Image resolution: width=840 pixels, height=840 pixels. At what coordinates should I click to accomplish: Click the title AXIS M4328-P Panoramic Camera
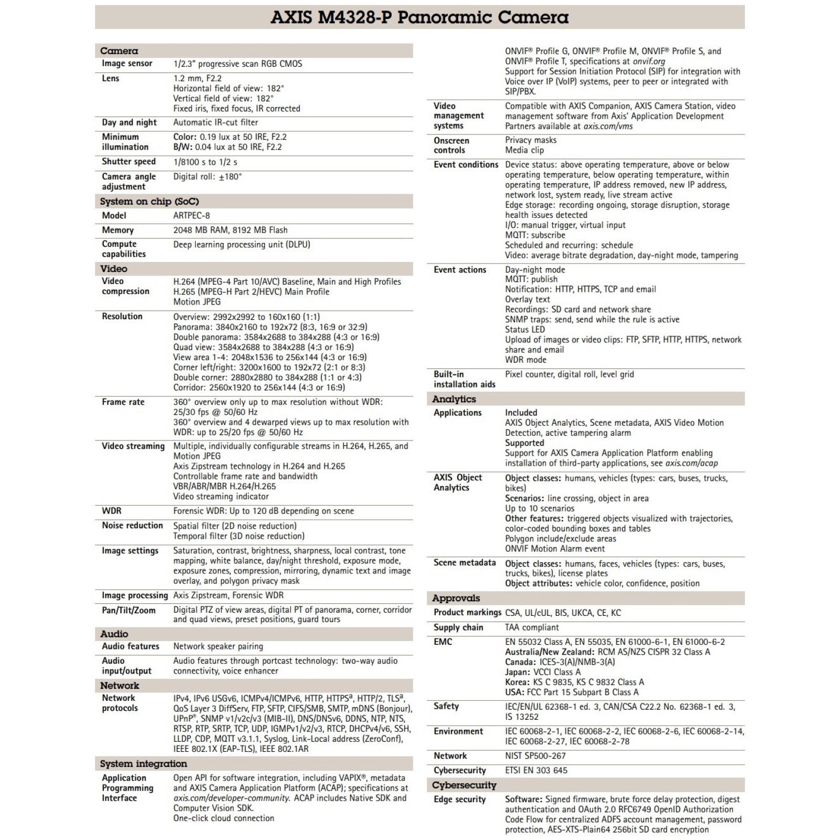pyautogui.click(x=419, y=17)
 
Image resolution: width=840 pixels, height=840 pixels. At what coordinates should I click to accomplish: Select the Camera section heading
pyautogui.click(x=119, y=51)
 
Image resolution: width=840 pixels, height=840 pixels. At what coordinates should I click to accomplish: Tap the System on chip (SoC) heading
pyautogui.click(x=150, y=202)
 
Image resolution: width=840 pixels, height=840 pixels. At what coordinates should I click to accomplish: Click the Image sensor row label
pyautogui.click(x=127, y=64)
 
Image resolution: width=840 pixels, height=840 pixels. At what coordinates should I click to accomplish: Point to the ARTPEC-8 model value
pyautogui.click(x=192, y=215)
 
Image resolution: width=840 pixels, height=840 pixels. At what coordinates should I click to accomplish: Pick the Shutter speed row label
pyautogui.click(x=129, y=162)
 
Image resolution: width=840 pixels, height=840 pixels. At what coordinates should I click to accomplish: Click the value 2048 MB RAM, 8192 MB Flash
pyautogui.click(x=230, y=230)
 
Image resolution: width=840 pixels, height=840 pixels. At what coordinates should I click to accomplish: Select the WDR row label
pyautogui.click(x=111, y=511)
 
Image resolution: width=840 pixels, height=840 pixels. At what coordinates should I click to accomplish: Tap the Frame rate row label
pyautogui.click(x=123, y=402)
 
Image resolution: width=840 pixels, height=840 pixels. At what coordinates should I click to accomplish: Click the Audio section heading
pyautogui.click(x=114, y=634)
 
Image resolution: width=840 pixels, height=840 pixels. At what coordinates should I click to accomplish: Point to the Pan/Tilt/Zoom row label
pyautogui.click(x=129, y=610)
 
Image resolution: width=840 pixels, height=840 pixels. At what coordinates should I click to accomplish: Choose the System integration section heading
pyautogui.click(x=143, y=764)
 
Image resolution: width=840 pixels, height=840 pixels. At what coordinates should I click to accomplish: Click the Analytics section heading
pyautogui.click(x=454, y=399)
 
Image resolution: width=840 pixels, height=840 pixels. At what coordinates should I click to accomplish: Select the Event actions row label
pyautogui.click(x=460, y=270)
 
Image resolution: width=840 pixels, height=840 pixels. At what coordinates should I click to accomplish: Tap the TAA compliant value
pyautogui.click(x=532, y=627)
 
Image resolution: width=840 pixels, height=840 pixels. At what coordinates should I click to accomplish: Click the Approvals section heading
pyautogui.click(x=456, y=598)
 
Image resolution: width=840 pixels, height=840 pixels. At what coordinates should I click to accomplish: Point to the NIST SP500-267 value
pyautogui.click(x=535, y=756)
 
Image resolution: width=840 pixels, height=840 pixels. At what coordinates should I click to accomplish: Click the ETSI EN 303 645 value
pyautogui.click(x=536, y=771)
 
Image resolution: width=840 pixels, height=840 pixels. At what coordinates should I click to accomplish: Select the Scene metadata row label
pyautogui.click(x=465, y=563)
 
